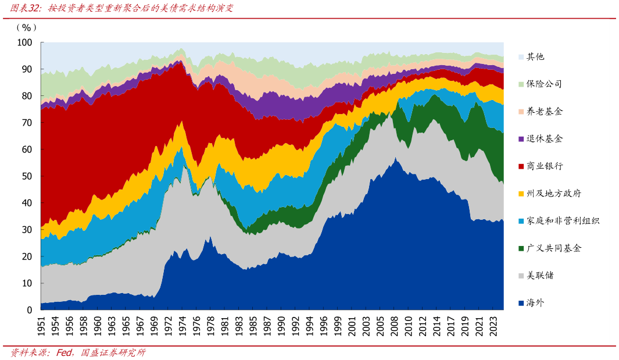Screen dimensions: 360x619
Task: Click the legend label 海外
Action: tap(535, 303)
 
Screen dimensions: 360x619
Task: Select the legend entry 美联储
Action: tap(540, 275)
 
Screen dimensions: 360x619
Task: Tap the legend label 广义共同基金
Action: tap(554, 248)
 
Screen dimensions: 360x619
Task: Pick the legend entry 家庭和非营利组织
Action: tap(563, 221)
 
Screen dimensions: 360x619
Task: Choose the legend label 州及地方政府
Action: tap(554, 194)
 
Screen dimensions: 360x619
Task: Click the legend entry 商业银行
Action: tap(545, 166)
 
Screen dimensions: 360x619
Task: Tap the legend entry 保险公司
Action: tap(545, 84)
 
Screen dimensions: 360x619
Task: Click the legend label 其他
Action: tap(535, 57)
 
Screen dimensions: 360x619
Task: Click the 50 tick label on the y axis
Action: tap(27, 176)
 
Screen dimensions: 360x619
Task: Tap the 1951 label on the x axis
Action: tap(41, 327)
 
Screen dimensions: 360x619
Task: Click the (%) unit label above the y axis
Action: tap(27, 28)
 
